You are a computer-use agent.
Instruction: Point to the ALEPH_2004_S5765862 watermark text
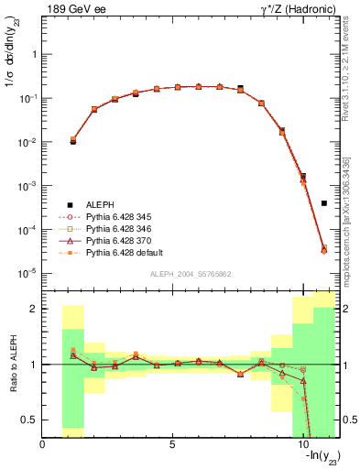click(x=190, y=274)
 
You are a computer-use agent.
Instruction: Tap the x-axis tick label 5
click(x=173, y=444)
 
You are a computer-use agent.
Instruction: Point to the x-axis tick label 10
click(x=303, y=444)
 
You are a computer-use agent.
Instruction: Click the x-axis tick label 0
click(x=43, y=444)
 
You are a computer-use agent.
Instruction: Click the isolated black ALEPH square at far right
click(x=324, y=203)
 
